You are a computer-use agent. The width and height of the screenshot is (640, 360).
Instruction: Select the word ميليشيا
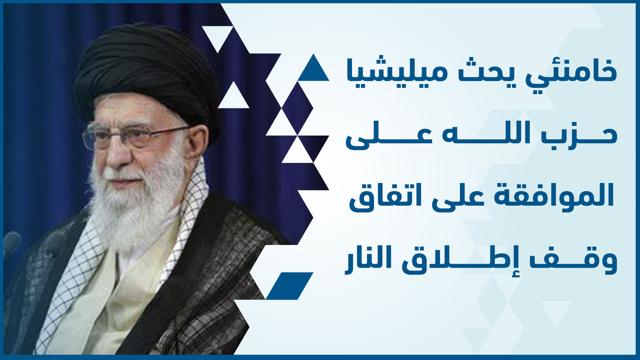pos(397,72)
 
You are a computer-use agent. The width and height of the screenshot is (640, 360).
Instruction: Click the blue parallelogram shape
pos(289,286)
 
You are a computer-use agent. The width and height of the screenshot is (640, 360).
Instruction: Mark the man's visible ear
pos(197,140)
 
